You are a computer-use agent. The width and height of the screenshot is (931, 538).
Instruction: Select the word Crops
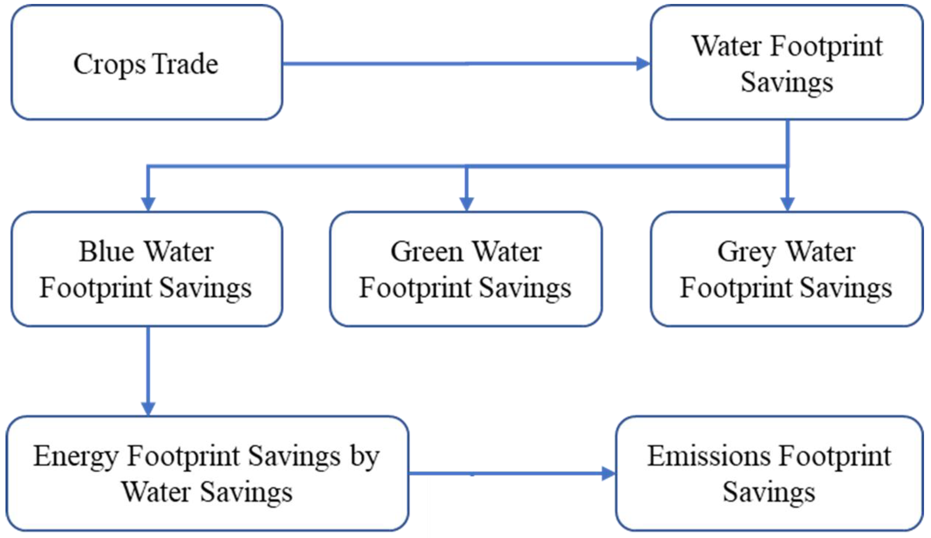click(109, 65)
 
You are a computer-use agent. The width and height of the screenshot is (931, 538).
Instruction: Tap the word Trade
click(185, 64)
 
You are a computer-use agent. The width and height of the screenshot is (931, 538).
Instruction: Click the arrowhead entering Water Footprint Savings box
click(643, 64)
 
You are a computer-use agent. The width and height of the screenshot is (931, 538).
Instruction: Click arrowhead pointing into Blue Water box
click(148, 203)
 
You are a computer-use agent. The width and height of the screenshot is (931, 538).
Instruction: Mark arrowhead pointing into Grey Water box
click(787, 203)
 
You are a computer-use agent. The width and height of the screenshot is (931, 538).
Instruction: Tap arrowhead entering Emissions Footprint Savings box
click(608, 473)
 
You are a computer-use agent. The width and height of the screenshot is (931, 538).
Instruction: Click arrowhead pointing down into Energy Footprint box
click(148, 408)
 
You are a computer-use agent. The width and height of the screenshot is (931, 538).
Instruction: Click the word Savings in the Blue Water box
click(206, 289)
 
